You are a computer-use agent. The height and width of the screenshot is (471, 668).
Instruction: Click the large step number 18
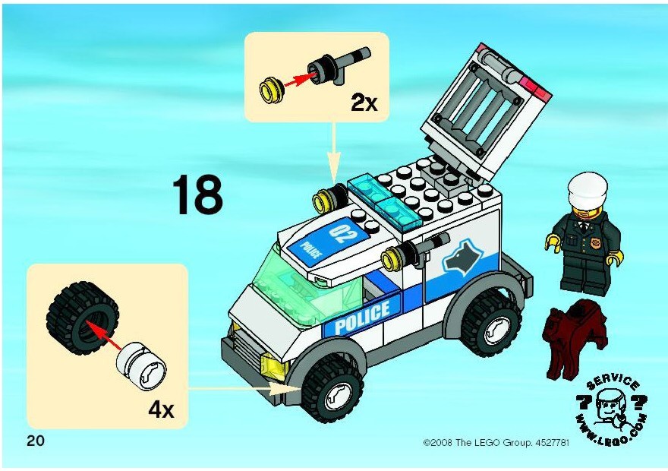click(x=197, y=194)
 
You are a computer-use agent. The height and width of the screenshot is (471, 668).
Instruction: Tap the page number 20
click(x=36, y=441)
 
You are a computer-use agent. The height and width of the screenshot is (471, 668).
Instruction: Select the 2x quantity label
click(x=364, y=103)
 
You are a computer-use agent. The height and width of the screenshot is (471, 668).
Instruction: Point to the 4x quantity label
click(x=161, y=410)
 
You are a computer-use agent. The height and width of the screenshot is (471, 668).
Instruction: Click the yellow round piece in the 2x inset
click(x=271, y=90)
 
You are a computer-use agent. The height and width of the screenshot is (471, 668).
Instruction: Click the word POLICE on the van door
click(x=361, y=317)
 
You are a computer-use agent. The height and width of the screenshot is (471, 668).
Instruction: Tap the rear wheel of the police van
click(x=491, y=324)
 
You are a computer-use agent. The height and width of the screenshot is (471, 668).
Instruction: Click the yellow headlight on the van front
click(x=273, y=365)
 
